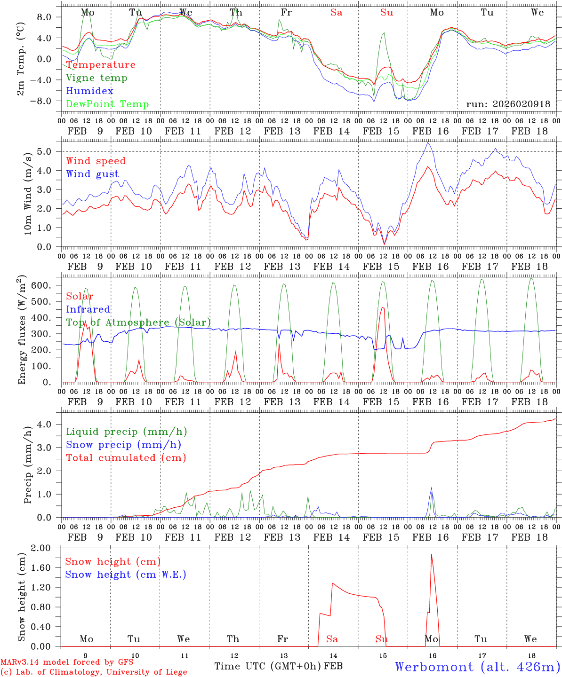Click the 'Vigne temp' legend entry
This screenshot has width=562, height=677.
pyautogui.click(x=96, y=78)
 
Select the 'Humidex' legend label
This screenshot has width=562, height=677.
pyautogui.click(x=90, y=91)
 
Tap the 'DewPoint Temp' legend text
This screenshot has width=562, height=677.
pyautogui.click(x=107, y=104)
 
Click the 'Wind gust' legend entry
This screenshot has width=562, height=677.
pyautogui.click(x=92, y=174)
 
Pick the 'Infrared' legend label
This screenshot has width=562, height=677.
pyautogui.click(x=88, y=309)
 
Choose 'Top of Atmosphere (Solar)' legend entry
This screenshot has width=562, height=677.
pyautogui.click(x=138, y=323)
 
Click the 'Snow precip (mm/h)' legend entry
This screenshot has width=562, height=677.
pyautogui.click(x=124, y=445)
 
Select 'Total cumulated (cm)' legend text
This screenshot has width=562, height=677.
pyautogui.click(x=126, y=458)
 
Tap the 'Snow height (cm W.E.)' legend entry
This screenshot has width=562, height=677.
pyautogui.click(x=126, y=575)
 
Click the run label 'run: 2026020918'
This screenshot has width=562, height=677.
pyautogui.click(x=508, y=104)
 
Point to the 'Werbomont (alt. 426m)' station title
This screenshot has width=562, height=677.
pyautogui.click(x=477, y=667)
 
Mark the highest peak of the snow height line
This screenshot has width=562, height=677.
pyautogui.click(x=431, y=554)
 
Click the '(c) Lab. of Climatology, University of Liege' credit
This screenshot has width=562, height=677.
pyautogui.click(x=94, y=672)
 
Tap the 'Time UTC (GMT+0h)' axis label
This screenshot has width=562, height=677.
pyautogui.click(x=268, y=666)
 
